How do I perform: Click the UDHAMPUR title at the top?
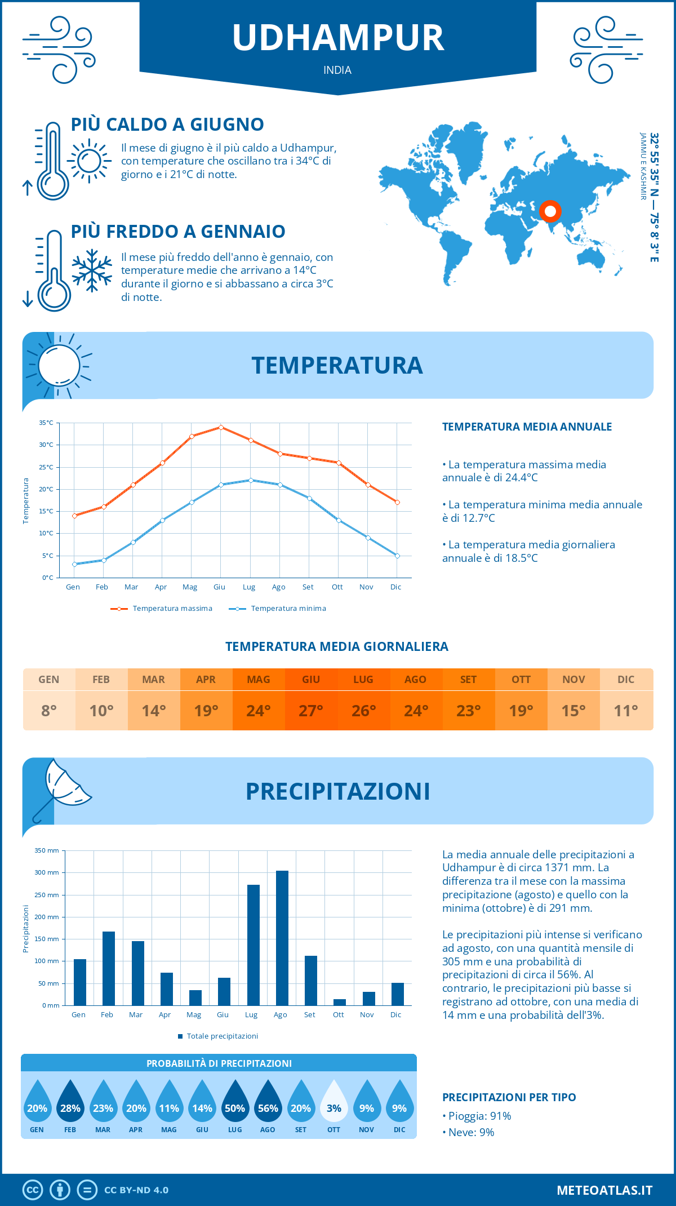pyautogui.click(x=338, y=38)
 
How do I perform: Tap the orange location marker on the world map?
pyautogui.click(x=550, y=212)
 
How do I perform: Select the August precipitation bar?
pyautogui.click(x=282, y=938)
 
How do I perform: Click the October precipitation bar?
pyautogui.click(x=340, y=1002)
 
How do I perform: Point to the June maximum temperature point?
pyautogui.click(x=221, y=427)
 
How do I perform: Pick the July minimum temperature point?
pyautogui.click(x=251, y=480)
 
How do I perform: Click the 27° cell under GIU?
pyautogui.click(x=311, y=711)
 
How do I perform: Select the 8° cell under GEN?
pyautogui.click(x=49, y=711)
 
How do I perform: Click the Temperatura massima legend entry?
pyautogui.click(x=162, y=609)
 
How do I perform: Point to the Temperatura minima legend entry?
pyautogui.click(x=278, y=609)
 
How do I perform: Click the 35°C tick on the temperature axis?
pyautogui.click(x=46, y=423)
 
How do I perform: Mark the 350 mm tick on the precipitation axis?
pyautogui.click(x=47, y=850)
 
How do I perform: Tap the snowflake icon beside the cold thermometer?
pyautogui.click(x=92, y=271)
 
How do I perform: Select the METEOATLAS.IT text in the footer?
pyautogui.click(x=604, y=1190)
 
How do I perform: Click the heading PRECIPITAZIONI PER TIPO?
pyautogui.click(x=509, y=1097)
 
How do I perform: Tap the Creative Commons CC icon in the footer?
pyautogui.click(x=33, y=1190)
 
